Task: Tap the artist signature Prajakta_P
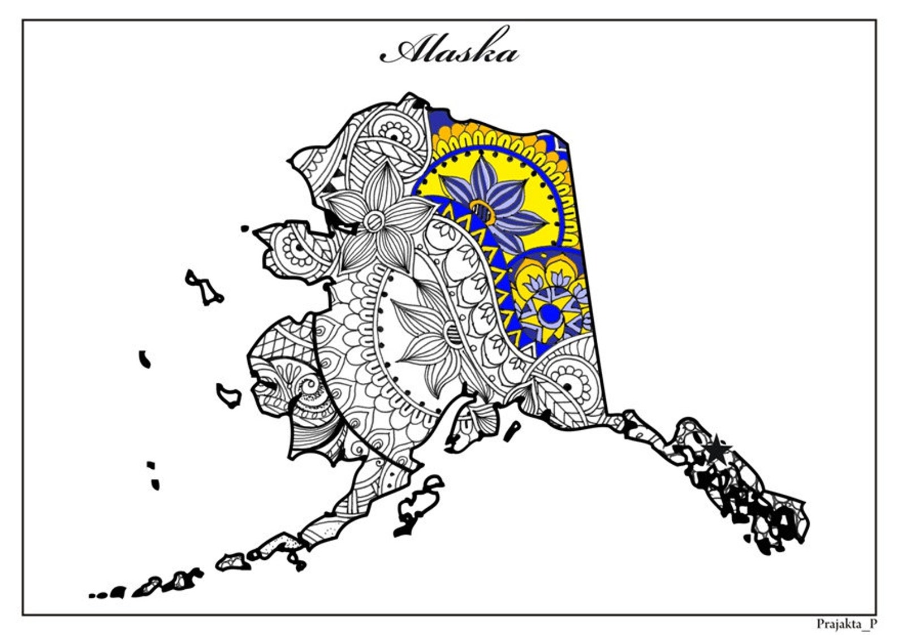847,624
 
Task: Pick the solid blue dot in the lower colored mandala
547,313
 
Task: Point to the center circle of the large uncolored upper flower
374,221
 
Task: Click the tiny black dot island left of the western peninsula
244,228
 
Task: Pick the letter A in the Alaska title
404,51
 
